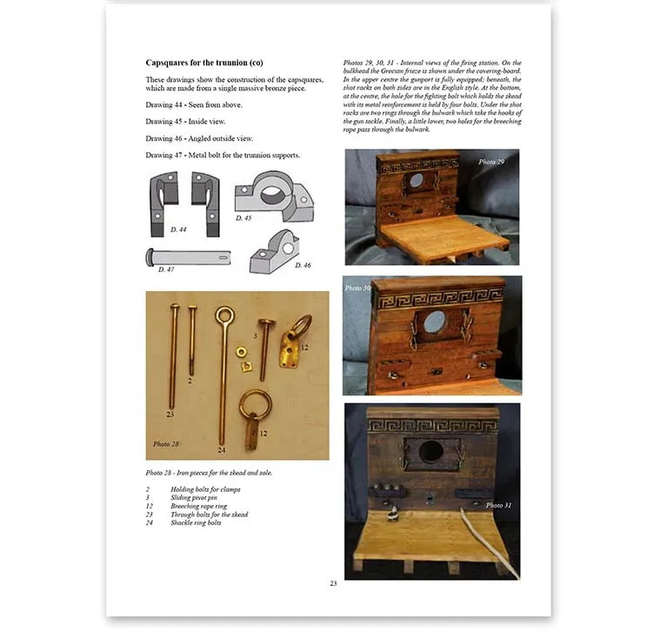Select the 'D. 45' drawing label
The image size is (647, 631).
pyautogui.click(x=244, y=217)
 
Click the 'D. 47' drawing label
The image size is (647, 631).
pyautogui.click(x=166, y=270)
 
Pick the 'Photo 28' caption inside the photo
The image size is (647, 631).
pyautogui.click(x=167, y=444)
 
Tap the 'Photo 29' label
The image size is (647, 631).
pyautogui.click(x=490, y=163)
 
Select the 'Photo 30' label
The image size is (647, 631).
pyautogui.click(x=357, y=288)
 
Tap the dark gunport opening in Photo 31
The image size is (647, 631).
pyautogui.click(x=432, y=451)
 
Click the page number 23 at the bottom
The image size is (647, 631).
pyautogui.click(x=333, y=583)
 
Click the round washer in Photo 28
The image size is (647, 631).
pyautogui.click(x=239, y=349)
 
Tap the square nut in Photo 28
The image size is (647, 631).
pyautogui.click(x=248, y=365)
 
